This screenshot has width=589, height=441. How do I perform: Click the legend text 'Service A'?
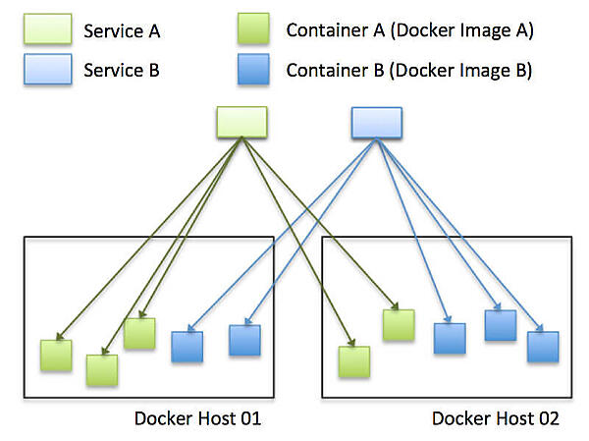(x=122, y=30)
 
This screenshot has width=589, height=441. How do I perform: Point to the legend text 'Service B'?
(x=122, y=70)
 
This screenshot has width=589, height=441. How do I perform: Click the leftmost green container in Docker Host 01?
(x=56, y=356)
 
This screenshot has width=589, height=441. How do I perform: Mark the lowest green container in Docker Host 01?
(x=101, y=369)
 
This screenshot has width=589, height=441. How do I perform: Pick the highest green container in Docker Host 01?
(x=139, y=333)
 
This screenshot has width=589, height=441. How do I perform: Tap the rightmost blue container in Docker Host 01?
(x=244, y=340)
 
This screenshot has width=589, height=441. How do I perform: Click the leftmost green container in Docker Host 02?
(x=353, y=361)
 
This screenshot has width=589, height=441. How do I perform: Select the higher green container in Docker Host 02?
(x=399, y=325)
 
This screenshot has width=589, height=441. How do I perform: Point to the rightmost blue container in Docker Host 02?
(x=542, y=347)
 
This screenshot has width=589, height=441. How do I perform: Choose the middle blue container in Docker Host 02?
(x=500, y=325)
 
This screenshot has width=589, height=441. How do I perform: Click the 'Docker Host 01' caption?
(x=197, y=419)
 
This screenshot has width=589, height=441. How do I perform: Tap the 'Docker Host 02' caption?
(x=496, y=419)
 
